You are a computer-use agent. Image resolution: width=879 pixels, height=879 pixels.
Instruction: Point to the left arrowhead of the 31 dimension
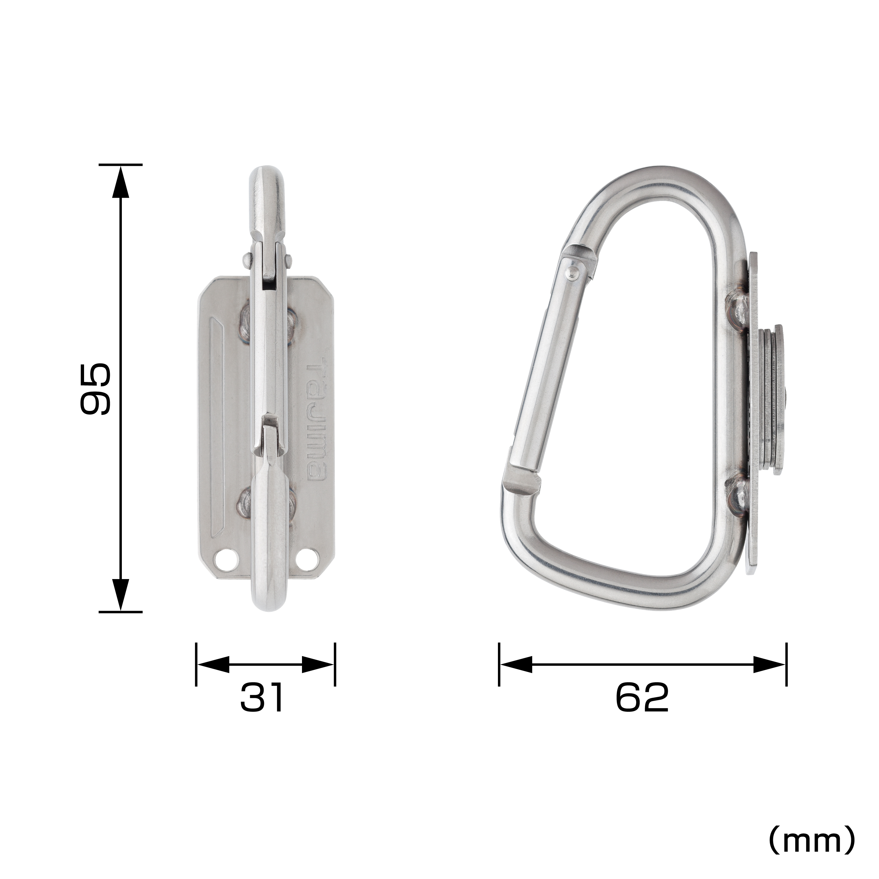click(x=213, y=664)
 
